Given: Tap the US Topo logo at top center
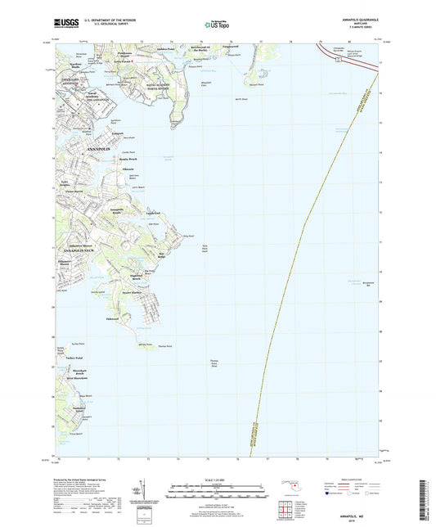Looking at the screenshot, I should click(x=214, y=25).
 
